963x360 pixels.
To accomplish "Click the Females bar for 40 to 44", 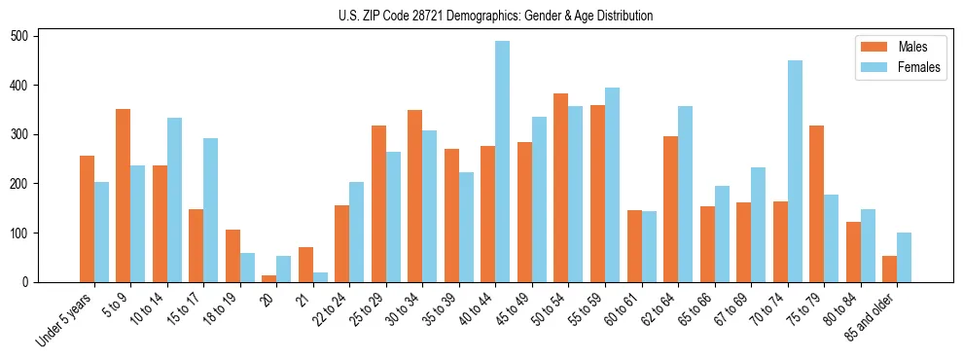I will click(503, 162).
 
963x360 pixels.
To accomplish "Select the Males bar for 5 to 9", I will click(124, 196).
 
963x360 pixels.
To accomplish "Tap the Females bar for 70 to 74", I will click(795, 171).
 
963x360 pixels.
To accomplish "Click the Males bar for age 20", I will click(269, 278).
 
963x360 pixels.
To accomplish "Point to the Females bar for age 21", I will click(320, 277).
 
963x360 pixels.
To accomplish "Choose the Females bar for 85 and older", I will click(905, 258).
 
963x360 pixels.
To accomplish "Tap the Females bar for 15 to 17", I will click(211, 210).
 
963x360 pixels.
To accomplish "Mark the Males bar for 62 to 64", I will click(671, 209).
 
